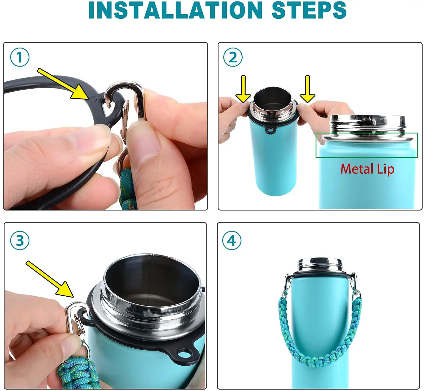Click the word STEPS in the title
(x=309, y=10)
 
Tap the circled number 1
(x=20, y=57)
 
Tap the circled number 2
(x=233, y=57)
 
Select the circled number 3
(x=20, y=240)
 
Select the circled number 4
(x=232, y=240)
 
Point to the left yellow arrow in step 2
(x=243, y=89)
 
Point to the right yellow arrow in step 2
(x=308, y=89)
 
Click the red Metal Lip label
(x=367, y=169)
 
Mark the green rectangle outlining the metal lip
(x=367, y=133)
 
